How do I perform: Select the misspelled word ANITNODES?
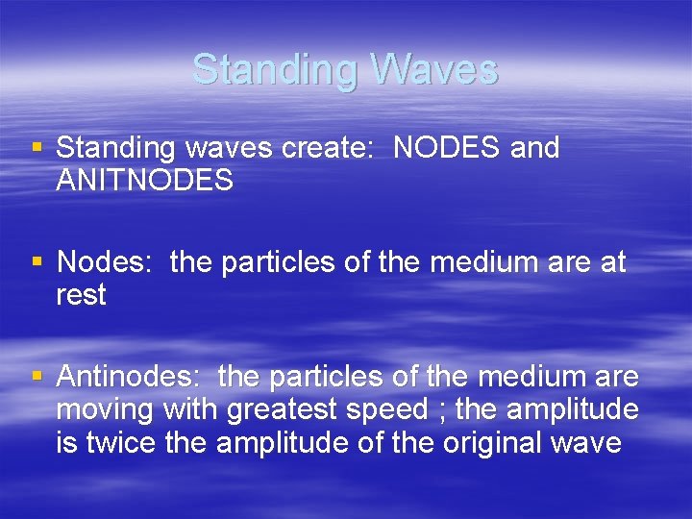[x=144, y=180]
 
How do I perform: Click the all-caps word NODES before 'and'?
[x=447, y=148]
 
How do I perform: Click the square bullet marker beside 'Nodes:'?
[x=37, y=261]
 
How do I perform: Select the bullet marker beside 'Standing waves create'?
[x=37, y=148]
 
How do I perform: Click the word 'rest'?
[x=81, y=295]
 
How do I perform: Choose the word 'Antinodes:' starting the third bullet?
[x=130, y=377]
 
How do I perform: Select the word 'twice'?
[x=116, y=443]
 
